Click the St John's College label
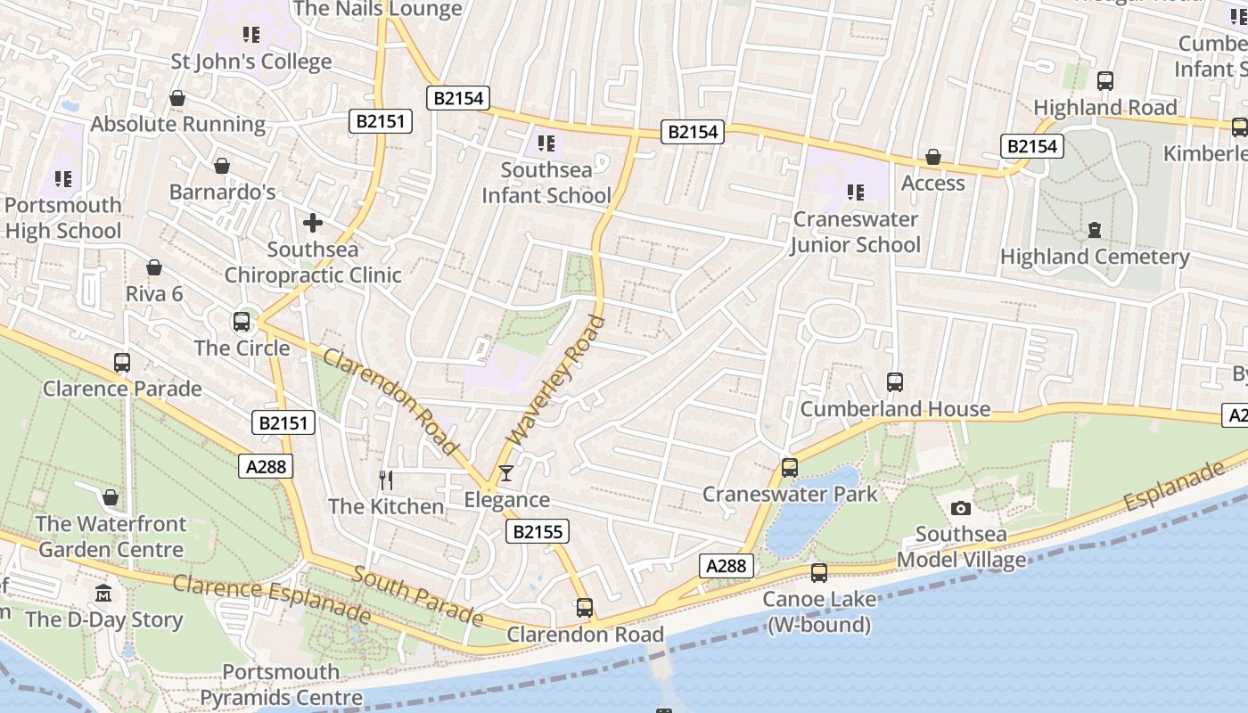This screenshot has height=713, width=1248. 251,61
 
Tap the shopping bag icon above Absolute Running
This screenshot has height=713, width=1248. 177,98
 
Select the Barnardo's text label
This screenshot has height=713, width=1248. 222,193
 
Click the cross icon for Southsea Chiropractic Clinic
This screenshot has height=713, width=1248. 312,223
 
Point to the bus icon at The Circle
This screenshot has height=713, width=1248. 242,322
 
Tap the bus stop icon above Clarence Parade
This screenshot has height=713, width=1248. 122,363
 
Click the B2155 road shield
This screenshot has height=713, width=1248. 538,532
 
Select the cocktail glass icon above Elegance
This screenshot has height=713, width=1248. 506,473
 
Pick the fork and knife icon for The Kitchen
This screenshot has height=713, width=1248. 386,480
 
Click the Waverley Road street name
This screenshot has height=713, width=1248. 556,381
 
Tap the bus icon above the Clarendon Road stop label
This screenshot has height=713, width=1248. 585,608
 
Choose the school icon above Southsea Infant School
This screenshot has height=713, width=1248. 546,143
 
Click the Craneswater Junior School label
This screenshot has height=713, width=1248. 856,232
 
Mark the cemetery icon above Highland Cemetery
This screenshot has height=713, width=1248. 1095,230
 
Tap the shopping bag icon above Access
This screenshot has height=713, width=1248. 933,158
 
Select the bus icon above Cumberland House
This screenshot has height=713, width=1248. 895,382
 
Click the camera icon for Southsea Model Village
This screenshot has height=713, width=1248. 961,508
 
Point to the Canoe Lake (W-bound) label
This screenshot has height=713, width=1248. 818,612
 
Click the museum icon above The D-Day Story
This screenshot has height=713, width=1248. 104,594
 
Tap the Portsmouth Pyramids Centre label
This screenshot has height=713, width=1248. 281,684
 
